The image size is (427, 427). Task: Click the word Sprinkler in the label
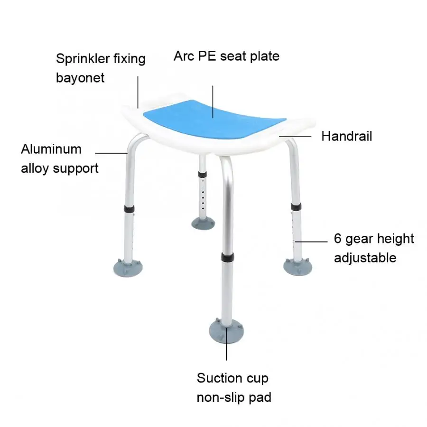[x=83, y=59]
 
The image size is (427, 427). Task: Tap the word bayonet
[x=80, y=78]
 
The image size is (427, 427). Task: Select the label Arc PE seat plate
[x=226, y=56]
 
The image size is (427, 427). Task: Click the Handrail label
[x=346, y=136]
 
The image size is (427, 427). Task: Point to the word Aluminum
[x=51, y=149]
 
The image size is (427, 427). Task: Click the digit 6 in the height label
[x=337, y=239]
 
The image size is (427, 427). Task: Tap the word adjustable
[x=365, y=258]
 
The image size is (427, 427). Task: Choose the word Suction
[x=219, y=378]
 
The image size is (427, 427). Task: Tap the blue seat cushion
[x=215, y=120]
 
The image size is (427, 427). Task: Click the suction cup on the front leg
[x=226, y=331]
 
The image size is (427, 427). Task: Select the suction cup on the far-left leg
[x=128, y=268]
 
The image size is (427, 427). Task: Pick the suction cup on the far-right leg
[x=297, y=267]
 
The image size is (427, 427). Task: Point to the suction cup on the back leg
[x=203, y=223]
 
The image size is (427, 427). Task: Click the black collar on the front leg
[x=227, y=257]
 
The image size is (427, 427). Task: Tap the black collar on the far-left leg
[x=129, y=209]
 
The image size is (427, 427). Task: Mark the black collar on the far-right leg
[x=296, y=207]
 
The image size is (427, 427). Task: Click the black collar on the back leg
[x=202, y=175]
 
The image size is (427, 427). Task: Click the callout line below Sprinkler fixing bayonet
[x=138, y=92]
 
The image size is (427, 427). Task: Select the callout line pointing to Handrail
[x=295, y=136]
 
